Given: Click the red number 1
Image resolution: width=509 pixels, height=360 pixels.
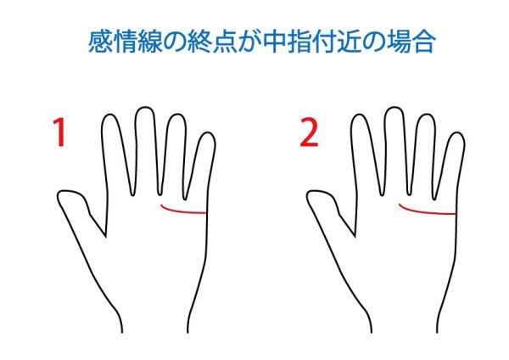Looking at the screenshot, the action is (60, 132).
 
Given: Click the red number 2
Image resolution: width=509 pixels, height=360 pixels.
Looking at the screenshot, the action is (309, 132).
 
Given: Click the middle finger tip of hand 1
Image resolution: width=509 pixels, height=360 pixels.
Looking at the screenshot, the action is (144, 108).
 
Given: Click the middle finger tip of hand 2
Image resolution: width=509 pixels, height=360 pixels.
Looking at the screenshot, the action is (394, 108).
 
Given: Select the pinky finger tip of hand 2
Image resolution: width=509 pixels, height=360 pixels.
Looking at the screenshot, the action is (456, 132).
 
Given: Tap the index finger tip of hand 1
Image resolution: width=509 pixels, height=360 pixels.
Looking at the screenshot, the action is (110, 115).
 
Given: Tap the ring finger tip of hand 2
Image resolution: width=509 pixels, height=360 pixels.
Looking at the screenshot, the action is (426, 115).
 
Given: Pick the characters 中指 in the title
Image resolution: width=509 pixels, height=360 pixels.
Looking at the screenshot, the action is (286, 42).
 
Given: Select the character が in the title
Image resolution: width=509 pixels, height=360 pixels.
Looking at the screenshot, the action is (249, 42).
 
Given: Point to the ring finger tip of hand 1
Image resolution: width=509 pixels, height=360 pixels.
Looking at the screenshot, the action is (176, 115).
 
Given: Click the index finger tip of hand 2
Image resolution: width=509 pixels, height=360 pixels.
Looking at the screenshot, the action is (360, 115).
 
